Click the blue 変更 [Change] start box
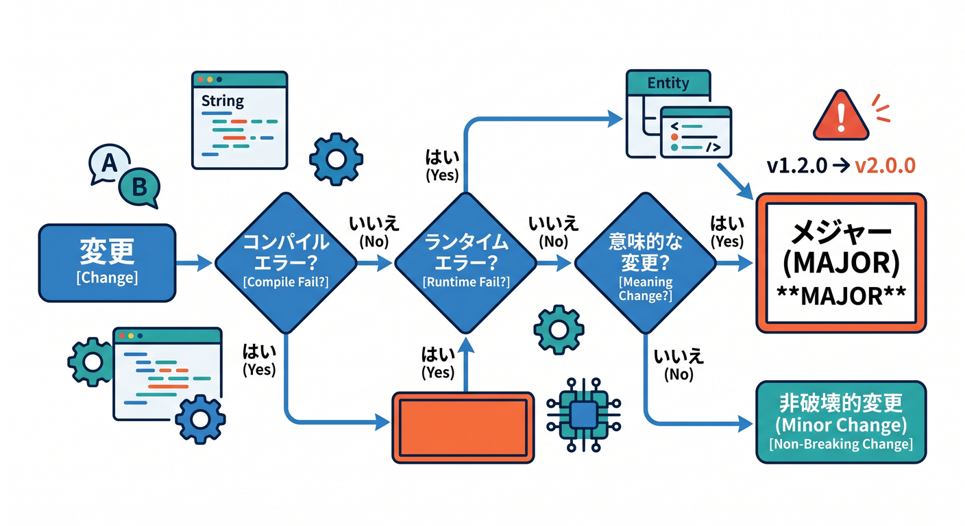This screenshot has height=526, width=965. tap(108, 262)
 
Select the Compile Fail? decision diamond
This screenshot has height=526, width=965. tap(286, 263)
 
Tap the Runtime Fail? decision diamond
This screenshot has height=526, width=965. tap(465, 263)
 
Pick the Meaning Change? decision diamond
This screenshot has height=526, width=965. tap(646, 263)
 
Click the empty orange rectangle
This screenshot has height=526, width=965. tap(463, 427)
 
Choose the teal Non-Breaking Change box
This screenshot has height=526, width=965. tap(841, 423)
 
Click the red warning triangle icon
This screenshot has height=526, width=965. tap(841, 115)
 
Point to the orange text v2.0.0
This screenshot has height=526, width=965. tap(885, 166)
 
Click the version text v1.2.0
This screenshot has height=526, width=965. tap(796, 166)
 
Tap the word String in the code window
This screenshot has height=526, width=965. tap(223, 101)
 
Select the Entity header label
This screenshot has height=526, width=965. tap(668, 83)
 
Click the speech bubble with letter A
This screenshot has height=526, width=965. tap(109, 164)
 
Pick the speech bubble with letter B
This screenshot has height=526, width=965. tap(139, 188)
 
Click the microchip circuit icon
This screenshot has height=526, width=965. tap(584, 415)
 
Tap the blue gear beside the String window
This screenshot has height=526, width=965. tap(336, 160)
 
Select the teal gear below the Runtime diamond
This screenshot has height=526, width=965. tap(559, 330)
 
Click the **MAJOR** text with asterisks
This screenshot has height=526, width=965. tap(841, 296)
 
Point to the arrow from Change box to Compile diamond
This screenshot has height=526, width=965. tap(194, 262)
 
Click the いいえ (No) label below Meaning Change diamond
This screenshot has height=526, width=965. tap(679, 366)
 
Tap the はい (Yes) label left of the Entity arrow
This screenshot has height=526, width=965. tap(443, 166)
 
